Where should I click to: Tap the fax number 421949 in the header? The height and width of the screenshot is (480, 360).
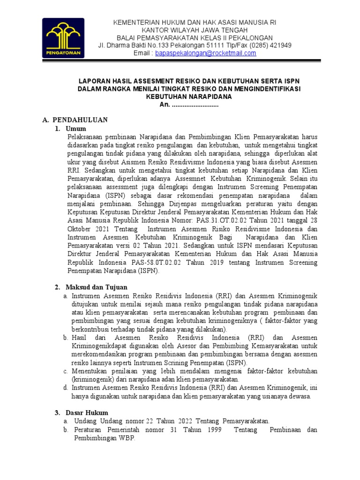[281, 45]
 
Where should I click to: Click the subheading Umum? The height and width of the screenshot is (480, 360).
[76, 128]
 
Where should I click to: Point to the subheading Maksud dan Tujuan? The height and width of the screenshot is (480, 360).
[96, 287]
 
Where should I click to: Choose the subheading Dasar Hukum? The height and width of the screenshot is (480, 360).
[87, 412]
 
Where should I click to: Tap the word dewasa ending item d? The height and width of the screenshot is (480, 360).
[300, 396]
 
